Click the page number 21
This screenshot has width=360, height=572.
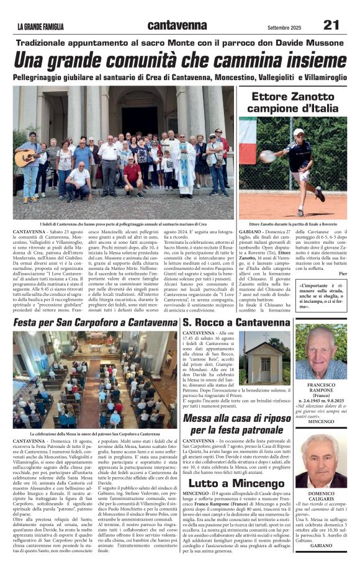tap(331, 25)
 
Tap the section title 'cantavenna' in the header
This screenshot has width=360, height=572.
tap(177, 25)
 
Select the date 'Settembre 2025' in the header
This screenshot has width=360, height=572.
tap(284, 27)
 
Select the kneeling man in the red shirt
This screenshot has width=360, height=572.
tap(132, 174)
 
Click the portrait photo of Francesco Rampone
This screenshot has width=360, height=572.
tap(330, 351)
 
